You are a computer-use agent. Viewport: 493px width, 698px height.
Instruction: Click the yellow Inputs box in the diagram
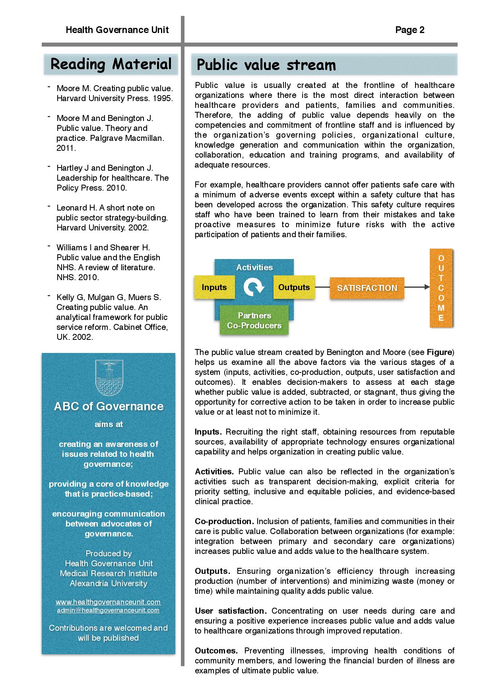click(x=214, y=287)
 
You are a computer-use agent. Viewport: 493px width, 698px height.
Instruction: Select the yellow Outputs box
click(x=294, y=287)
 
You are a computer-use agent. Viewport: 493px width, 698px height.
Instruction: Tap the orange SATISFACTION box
click(x=367, y=288)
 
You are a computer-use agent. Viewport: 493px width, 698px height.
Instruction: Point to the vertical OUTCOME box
click(x=441, y=288)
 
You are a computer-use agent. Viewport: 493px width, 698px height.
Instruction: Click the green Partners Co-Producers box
click(x=254, y=320)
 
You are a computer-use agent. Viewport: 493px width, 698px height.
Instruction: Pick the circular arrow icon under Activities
click(x=254, y=287)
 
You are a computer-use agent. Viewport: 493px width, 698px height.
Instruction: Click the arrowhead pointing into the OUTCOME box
click(x=427, y=287)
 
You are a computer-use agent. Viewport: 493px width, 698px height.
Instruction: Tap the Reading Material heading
click(x=111, y=64)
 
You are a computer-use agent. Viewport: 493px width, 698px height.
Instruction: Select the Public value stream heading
click(x=266, y=65)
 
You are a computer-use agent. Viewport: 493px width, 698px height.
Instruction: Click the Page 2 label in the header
click(x=410, y=30)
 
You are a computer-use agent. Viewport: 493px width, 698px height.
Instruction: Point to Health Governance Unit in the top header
click(x=117, y=30)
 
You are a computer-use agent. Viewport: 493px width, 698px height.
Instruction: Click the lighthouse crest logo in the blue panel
click(x=109, y=378)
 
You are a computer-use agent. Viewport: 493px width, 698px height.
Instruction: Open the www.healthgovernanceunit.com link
click(x=108, y=602)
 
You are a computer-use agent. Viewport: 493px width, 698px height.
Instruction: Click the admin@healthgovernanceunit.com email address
click(x=108, y=610)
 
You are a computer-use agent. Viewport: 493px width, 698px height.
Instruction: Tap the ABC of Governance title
click(x=109, y=406)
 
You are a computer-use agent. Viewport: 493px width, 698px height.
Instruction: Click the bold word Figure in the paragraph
click(x=439, y=352)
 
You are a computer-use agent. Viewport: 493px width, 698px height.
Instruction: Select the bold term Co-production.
click(x=224, y=521)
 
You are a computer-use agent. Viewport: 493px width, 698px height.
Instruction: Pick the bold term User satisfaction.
click(x=231, y=611)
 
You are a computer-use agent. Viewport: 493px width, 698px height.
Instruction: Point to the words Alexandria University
click(x=109, y=583)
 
